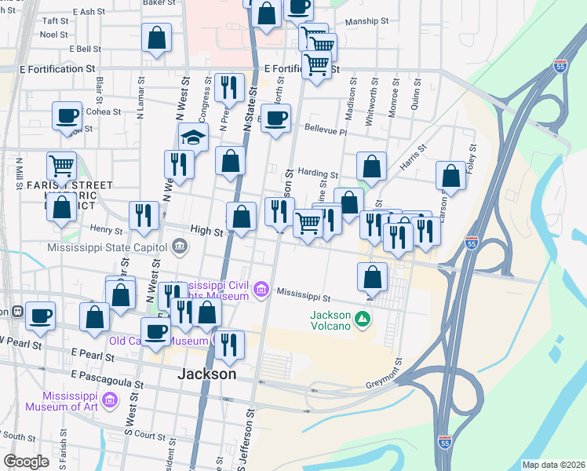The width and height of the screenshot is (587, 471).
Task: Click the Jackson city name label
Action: click(x=207, y=374)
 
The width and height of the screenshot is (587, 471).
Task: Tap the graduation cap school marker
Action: click(x=193, y=137)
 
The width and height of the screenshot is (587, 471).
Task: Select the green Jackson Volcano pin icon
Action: click(x=363, y=318)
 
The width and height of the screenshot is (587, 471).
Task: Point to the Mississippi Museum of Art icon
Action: click(x=111, y=403)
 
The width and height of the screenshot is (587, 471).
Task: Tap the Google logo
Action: click(x=27, y=461)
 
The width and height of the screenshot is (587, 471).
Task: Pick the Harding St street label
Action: click(x=318, y=174)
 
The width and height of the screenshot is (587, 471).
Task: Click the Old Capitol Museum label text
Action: click(x=158, y=341)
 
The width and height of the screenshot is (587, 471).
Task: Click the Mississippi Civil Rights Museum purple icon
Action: click(x=261, y=291)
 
